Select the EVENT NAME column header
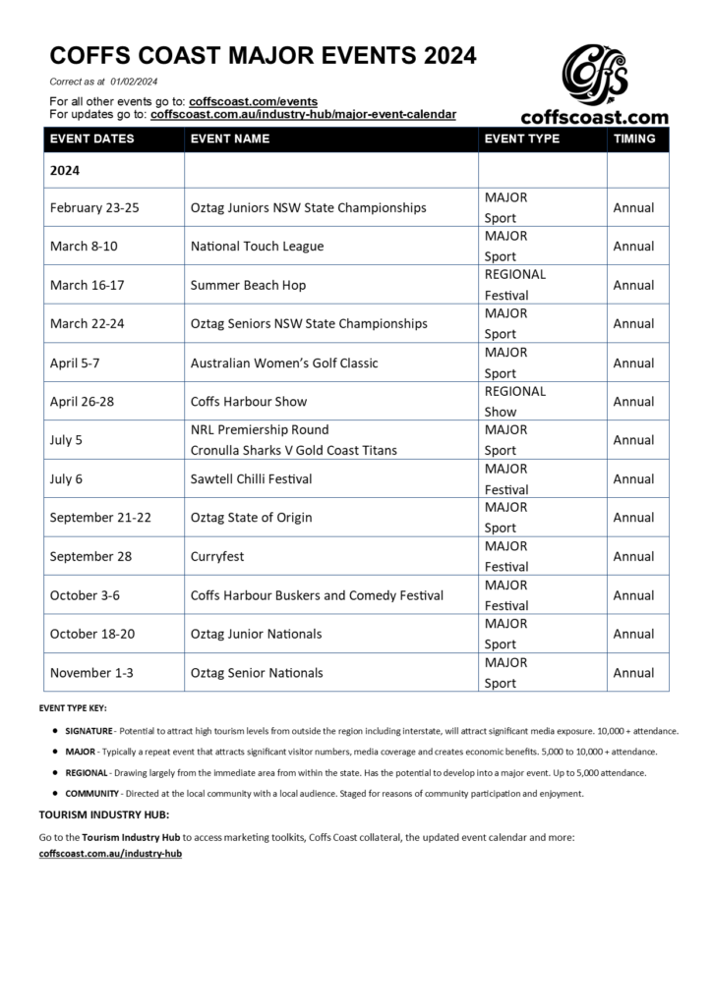(x=229, y=140)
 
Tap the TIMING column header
(x=634, y=140)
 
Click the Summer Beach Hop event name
(x=248, y=285)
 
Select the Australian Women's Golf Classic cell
(x=284, y=363)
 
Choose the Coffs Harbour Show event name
(x=249, y=401)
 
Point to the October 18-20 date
(x=92, y=634)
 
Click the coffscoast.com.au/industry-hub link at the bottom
(x=110, y=854)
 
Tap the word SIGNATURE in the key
(x=89, y=732)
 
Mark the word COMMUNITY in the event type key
(x=92, y=793)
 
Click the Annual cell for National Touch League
(x=633, y=247)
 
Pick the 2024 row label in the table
(x=65, y=170)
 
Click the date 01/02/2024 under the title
(x=135, y=81)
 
